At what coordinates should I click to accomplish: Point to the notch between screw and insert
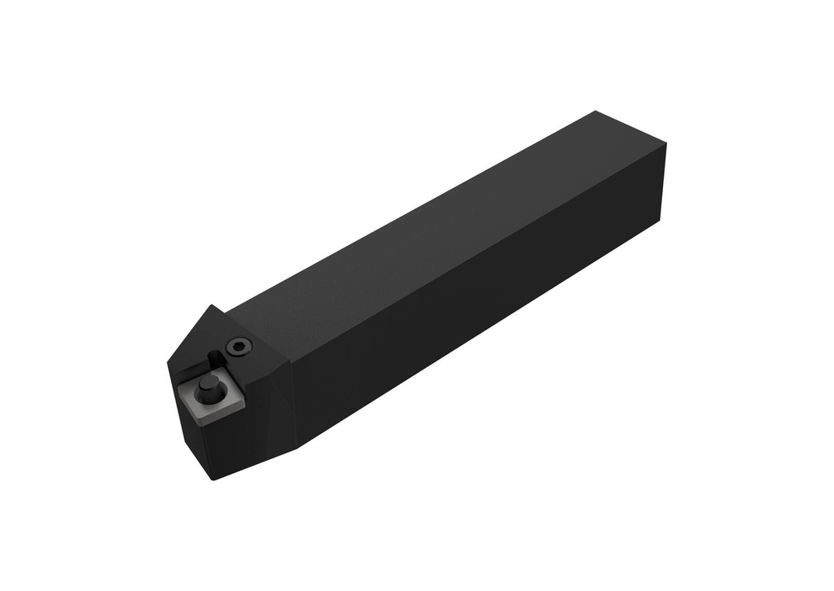214,358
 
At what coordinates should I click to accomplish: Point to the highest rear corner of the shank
596,112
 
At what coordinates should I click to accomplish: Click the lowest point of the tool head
213,479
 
